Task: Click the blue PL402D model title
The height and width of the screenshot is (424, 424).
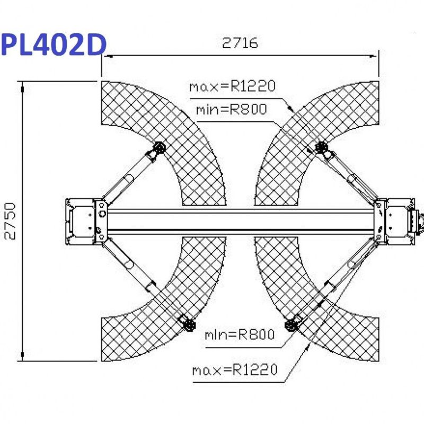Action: [54, 45]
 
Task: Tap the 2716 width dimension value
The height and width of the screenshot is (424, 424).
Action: [240, 43]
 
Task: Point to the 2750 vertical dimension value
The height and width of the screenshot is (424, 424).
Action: [10, 221]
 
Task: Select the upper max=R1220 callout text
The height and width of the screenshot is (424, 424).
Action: [232, 86]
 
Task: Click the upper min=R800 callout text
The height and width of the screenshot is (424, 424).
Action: [232, 109]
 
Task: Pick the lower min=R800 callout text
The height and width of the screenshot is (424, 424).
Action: [240, 334]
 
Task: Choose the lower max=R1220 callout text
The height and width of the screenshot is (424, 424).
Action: [235, 369]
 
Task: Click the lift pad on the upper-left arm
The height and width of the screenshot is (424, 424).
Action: [160, 148]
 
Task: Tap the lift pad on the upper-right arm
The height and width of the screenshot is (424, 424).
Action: [322, 147]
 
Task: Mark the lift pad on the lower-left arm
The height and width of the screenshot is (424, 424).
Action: [189, 324]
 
